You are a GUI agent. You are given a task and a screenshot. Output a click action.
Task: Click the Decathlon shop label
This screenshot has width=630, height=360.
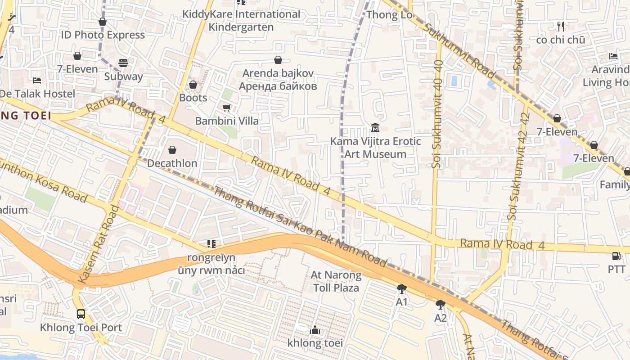[x=172, y=163]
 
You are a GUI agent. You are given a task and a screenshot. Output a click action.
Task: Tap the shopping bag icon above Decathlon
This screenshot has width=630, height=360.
[x=172, y=149]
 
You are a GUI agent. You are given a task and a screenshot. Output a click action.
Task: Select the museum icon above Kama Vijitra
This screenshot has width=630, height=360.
[x=375, y=128]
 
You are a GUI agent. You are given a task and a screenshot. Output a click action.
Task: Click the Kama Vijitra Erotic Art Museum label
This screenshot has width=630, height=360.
[x=375, y=148]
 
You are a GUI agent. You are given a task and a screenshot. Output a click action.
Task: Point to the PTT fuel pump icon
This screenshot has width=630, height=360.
[x=616, y=256]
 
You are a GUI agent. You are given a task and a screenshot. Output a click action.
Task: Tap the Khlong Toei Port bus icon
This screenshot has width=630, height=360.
[x=81, y=314]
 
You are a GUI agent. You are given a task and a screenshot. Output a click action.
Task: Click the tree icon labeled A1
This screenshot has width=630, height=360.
[x=401, y=289]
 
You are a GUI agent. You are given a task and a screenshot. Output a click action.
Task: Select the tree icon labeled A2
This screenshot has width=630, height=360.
[x=441, y=305]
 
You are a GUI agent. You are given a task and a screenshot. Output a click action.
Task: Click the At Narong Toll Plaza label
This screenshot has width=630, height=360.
[x=336, y=281]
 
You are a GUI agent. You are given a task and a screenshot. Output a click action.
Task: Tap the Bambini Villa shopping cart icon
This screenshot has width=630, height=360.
[x=227, y=108]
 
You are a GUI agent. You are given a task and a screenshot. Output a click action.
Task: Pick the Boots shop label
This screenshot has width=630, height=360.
[x=193, y=98]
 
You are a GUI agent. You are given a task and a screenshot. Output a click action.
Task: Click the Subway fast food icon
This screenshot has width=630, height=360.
[x=123, y=63]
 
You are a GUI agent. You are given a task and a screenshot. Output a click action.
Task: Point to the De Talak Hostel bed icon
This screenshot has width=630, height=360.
[x=37, y=80]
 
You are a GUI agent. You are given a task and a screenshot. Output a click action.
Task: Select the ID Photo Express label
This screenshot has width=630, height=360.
[x=103, y=35]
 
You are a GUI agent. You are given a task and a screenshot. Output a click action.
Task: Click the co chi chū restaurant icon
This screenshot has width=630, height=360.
[x=560, y=26]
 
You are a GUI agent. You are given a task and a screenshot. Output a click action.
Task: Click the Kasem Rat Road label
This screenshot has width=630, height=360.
[x=98, y=245]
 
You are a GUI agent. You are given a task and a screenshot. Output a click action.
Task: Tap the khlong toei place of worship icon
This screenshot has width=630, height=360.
[x=315, y=330]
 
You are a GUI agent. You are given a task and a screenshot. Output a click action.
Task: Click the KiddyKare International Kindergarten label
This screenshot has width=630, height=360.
[x=241, y=20]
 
